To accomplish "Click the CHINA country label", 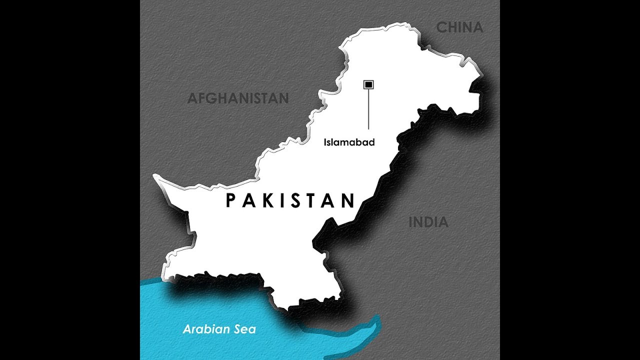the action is click(x=459, y=27).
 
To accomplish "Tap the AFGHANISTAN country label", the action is click(x=238, y=98).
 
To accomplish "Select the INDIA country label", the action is click(x=428, y=222).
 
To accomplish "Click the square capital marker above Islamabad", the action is click(x=368, y=85).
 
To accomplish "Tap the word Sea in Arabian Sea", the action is click(x=245, y=329).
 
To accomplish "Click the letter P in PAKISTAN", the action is click(x=230, y=201).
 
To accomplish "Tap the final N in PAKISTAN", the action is click(x=348, y=201).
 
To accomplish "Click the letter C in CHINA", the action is click(x=441, y=27).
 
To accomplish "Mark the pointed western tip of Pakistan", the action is click(x=154, y=176).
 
